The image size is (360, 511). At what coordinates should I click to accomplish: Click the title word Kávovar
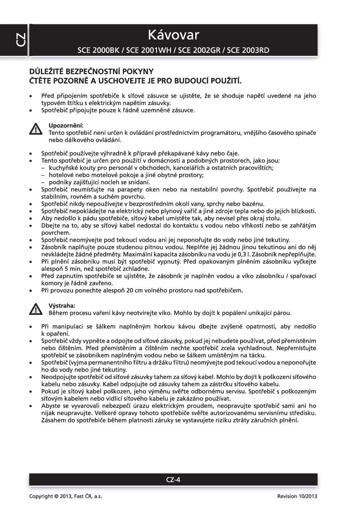tap(173, 35)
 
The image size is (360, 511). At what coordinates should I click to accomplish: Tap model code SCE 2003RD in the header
tap(249, 51)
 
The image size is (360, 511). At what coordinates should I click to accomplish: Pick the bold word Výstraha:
tap(62, 305)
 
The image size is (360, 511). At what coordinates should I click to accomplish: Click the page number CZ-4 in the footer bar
tap(173, 479)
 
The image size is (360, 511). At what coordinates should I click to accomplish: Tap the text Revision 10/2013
tap(297, 496)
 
